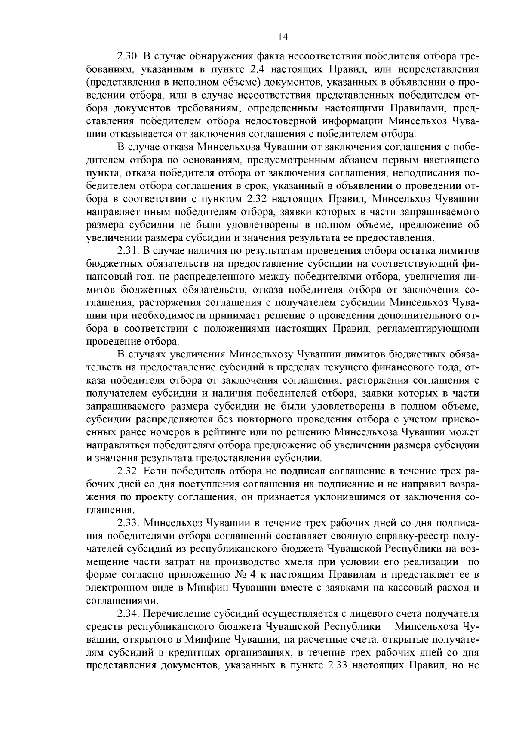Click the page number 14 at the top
click(283, 37)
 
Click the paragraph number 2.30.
click(127, 56)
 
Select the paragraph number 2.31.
click(127, 250)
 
